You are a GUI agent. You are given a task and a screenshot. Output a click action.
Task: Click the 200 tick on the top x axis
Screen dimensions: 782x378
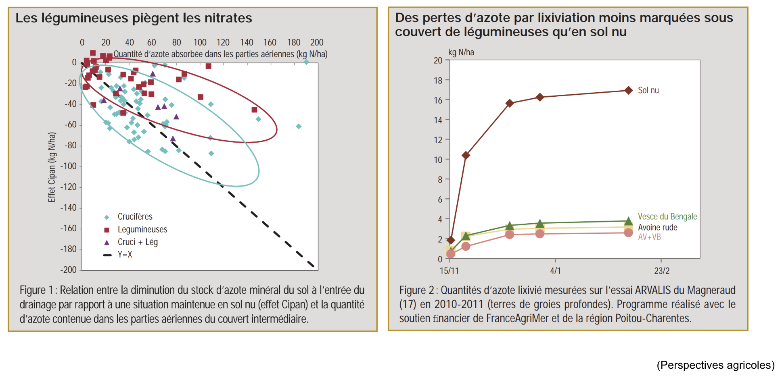coord(317,42)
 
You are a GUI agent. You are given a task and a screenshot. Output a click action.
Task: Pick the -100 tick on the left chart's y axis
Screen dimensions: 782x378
coord(69,166)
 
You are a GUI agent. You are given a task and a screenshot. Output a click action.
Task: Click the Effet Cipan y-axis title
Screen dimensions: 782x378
coord(52,167)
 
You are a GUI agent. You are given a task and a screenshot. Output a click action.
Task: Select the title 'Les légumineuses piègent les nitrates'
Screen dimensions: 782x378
coord(134,18)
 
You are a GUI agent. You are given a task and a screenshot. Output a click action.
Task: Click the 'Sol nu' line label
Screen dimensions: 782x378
coord(648,90)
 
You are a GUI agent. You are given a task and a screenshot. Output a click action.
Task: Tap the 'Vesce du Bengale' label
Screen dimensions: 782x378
coord(667,216)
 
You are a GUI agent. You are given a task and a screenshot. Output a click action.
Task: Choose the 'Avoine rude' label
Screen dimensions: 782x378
coord(658,227)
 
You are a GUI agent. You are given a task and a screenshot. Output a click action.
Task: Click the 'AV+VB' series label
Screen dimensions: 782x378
coord(649,237)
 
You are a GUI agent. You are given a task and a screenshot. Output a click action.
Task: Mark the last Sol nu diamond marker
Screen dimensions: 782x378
coord(628,90)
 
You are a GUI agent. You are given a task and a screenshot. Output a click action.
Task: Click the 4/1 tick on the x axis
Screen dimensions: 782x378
coord(555,270)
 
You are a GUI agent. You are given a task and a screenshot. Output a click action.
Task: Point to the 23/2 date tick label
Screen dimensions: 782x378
coord(662,270)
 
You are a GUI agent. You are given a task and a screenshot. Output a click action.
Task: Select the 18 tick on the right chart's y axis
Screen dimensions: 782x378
coord(438,80)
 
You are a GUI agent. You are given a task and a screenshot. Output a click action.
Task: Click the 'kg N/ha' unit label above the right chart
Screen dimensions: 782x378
coord(461,52)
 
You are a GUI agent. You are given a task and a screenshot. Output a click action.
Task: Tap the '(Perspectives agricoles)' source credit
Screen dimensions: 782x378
coord(715,365)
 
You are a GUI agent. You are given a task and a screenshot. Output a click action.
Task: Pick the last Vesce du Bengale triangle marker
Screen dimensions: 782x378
coord(628,221)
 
